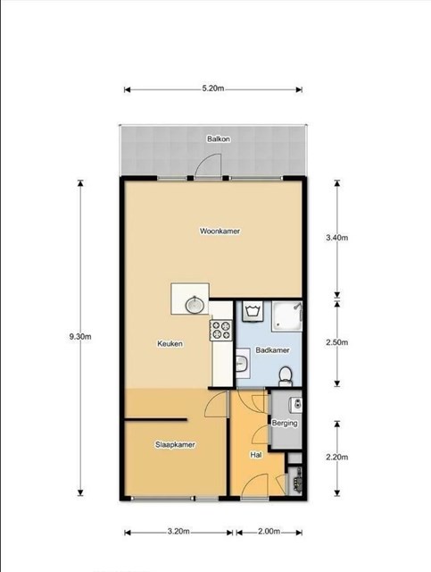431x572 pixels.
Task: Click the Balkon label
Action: click(x=219, y=139)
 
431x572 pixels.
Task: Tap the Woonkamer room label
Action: click(x=220, y=231)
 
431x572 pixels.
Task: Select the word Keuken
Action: click(x=170, y=343)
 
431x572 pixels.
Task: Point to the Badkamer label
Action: click(x=272, y=350)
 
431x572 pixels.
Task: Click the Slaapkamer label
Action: click(x=175, y=445)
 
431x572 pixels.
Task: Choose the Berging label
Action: click(x=285, y=424)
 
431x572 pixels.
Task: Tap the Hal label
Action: click(x=256, y=455)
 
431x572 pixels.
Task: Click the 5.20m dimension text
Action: click(x=213, y=88)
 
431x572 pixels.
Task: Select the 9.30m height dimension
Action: click(x=80, y=337)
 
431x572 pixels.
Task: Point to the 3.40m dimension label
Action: click(x=337, y=238)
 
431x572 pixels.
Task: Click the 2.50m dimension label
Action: click(x=337, y=342)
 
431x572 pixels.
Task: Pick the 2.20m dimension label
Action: click(x=337, y=457)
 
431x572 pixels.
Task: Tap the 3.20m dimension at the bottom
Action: click(x=178, y=532)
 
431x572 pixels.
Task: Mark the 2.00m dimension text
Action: click(x=269, y=532)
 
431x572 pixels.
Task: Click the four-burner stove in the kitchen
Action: click(x=220, y=330)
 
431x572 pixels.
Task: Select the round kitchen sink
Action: click(x=195, y=305)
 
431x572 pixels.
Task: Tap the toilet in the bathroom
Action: click(x=285, y=376)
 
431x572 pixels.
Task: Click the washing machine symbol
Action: click(x=253, y=312)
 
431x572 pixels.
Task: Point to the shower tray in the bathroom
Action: click(x=287, y=315)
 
